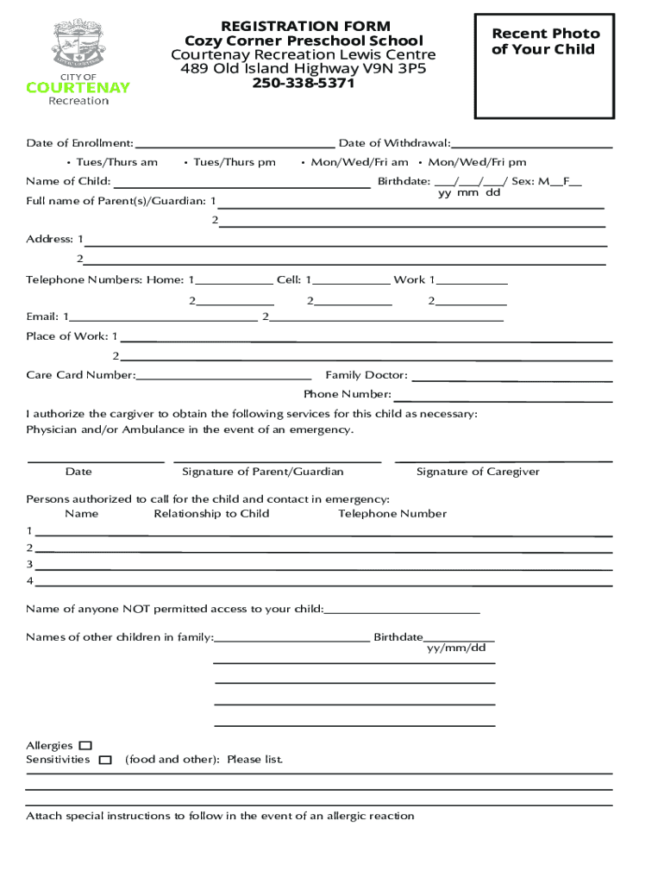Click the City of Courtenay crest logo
(78, 44)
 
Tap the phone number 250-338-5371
(303, 85)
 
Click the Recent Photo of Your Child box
(544, 66)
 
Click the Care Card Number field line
(224, 378)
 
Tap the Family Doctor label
(366, 375)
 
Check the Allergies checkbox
(85, 745)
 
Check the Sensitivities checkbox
(105, 760)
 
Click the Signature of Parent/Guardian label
(262, 472)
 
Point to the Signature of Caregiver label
(478, 472)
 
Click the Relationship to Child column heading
(211, 514)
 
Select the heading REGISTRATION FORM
(305, 27)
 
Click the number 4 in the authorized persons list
(29, 580)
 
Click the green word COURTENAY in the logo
(78, 87)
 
